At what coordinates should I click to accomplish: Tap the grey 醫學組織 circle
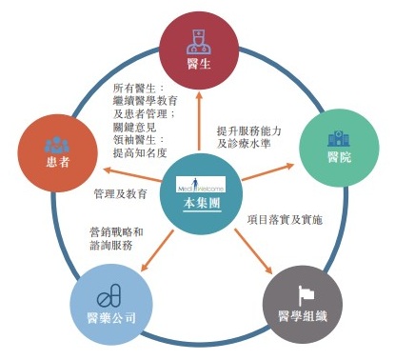pos(295,303)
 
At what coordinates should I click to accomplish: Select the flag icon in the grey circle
pos(296,291)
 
